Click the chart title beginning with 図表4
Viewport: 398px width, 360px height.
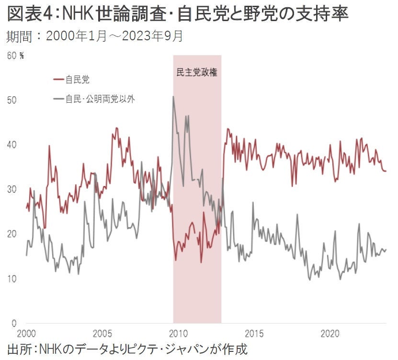[178, 15]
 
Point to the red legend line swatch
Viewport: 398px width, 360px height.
[58, 79]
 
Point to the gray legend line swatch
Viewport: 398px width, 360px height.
[58, 99]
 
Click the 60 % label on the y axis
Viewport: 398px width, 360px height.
[15, 56]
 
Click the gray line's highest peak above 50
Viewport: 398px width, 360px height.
[173, 97]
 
